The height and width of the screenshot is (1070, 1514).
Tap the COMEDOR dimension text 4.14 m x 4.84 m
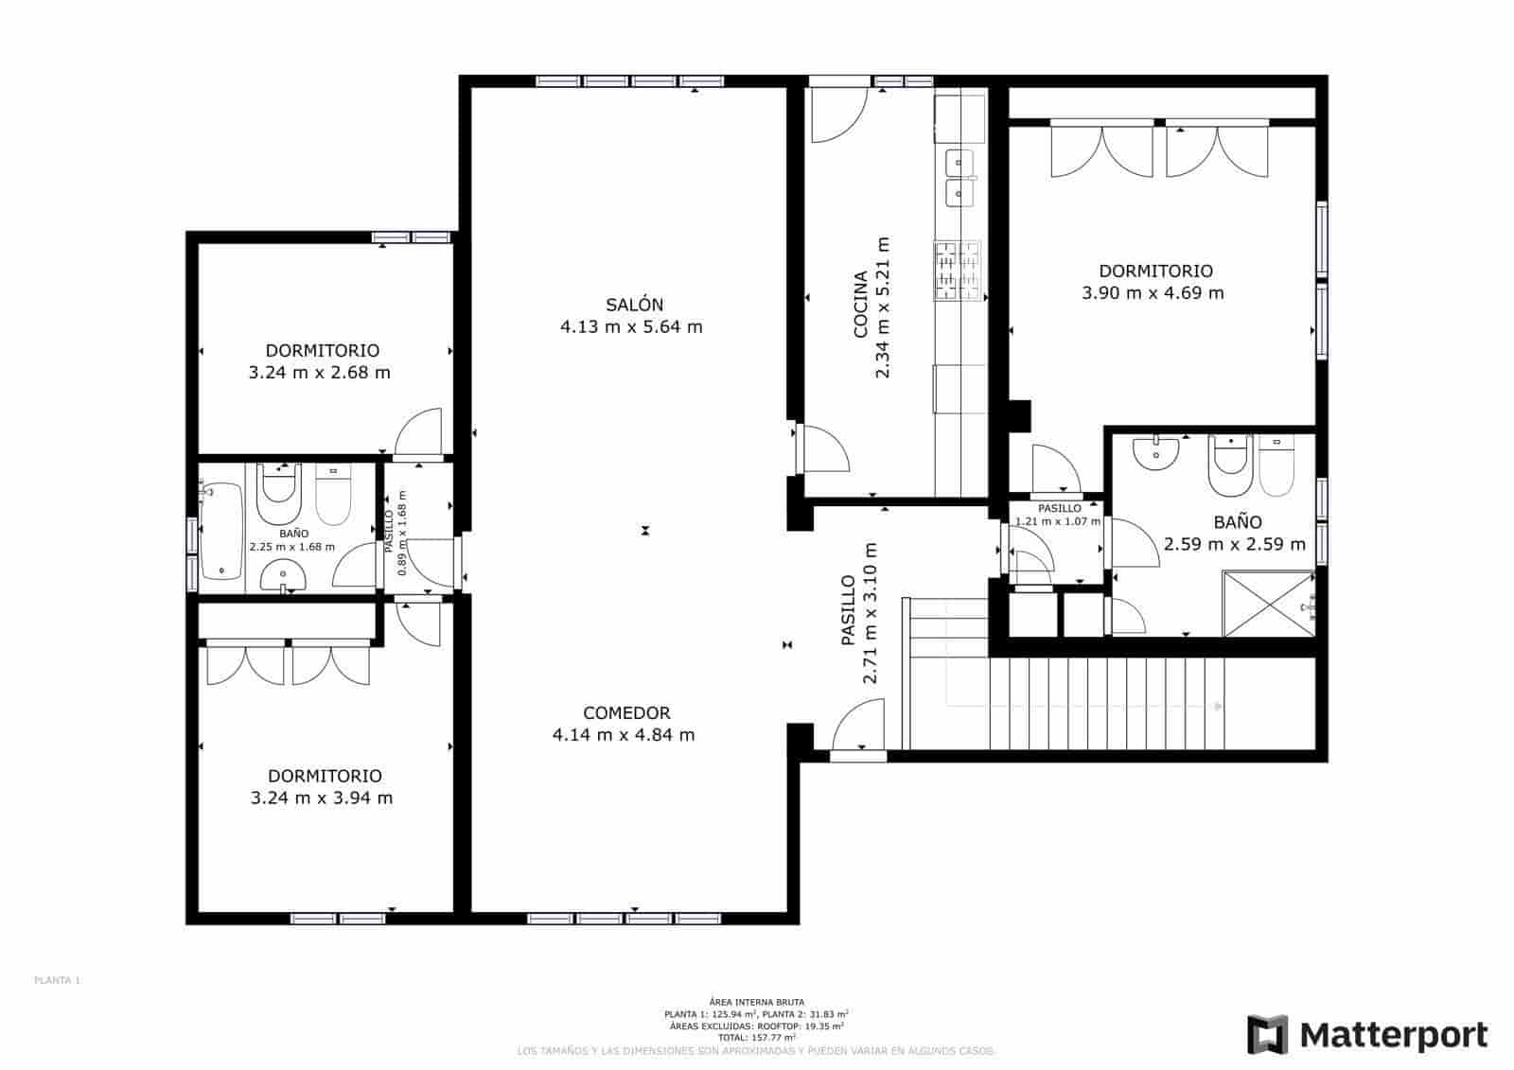click(624, 735)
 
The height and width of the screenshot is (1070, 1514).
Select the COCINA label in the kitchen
click(860, 305)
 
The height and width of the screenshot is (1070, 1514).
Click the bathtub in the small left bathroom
click(220, 530)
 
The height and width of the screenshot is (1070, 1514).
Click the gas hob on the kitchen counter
click(958, 272)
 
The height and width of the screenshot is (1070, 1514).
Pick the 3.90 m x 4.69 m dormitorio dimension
click(1153, 293)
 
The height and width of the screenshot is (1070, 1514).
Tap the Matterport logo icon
click(1266, 1034)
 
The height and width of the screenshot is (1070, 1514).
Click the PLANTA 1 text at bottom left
click(57, 981)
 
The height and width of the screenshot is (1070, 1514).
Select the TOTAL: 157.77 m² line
click(757, 1037)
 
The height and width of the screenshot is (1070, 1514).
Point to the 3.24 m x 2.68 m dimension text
click(319, 373)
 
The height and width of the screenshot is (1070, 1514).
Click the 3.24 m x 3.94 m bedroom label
click(322, 798)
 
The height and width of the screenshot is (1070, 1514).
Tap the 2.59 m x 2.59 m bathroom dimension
click(1234, 544)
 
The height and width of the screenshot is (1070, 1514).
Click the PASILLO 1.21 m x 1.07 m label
click(1058, 515)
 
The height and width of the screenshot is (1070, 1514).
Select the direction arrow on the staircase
click(1218, 706)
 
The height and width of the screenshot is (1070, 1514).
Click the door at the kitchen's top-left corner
click(836, 114)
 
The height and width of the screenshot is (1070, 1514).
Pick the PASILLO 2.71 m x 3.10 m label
click(858, 612)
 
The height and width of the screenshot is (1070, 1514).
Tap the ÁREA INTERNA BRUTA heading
click(756, 1001)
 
